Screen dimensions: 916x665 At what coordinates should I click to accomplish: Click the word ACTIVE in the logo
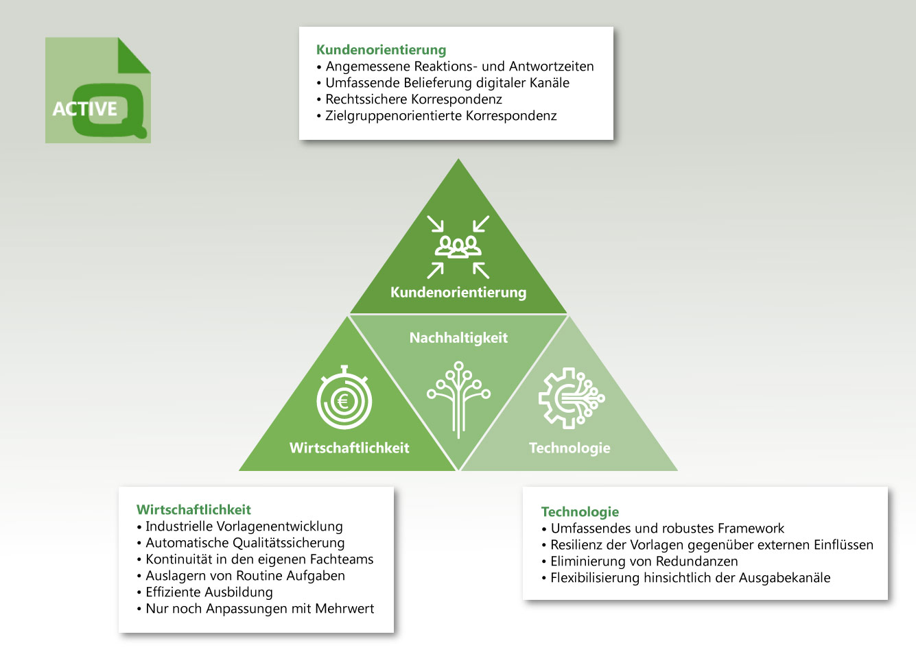[x=84, y=108]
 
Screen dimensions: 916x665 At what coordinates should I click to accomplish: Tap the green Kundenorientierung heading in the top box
[x=381, y=50]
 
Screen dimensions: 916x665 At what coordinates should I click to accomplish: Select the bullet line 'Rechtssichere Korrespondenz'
[x=410, y=99]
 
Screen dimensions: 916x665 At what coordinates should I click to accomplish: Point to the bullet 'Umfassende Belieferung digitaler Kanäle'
[x=443, y=83]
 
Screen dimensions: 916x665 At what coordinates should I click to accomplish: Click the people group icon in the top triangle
[x=458, y=247]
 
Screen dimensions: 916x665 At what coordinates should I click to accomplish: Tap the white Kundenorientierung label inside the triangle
[x=458, y=293]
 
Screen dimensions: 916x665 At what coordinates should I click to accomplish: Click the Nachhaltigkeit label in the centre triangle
[x=458, y=338]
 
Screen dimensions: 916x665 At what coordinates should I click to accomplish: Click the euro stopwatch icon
[x=344, y=398]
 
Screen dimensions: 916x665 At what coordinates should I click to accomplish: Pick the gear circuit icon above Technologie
[x=572, y=398]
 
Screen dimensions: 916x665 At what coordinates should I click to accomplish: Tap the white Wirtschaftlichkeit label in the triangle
[x=349, y=448]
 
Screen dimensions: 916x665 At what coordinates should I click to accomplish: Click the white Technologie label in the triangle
[x=569, y=448]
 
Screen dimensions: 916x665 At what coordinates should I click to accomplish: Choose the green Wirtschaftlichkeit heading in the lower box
[x=193, y=510]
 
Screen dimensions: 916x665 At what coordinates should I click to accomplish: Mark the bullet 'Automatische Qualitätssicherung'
[x=241, y=543]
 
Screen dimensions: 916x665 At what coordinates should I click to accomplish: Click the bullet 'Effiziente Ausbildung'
[x=205, y=592]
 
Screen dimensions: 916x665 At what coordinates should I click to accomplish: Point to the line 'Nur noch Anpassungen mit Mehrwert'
[x=255, y=609]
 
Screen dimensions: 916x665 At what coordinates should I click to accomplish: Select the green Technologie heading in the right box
[x=580, y=512]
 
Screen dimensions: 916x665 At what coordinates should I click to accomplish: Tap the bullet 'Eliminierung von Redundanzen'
[x=640, y=561]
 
